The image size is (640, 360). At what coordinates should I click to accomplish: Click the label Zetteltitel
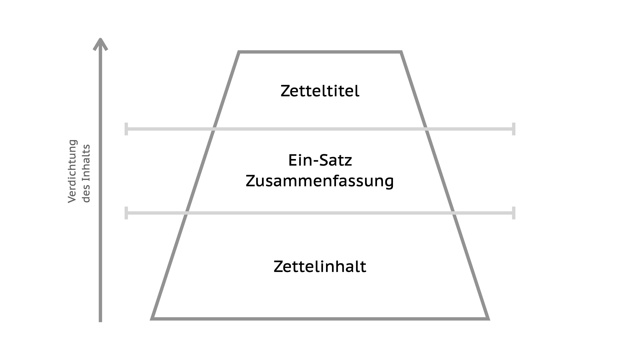click(x=320, y=91)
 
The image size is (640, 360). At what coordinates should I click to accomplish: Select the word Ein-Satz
click(x=320, y=160)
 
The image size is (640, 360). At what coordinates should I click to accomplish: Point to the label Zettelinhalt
click(x=320, y=267)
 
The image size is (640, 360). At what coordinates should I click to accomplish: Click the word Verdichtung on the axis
click(x=72, y=171)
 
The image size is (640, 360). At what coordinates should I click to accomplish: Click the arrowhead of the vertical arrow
click(x=100, y=44)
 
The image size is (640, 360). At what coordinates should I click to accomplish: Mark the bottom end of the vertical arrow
click(x=100, y=322)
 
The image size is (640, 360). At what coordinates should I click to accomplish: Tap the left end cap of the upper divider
click(x=126, y=129)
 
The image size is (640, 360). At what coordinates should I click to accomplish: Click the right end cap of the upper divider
click(x=514, y=129)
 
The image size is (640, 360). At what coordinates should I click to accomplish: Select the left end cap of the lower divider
click(x=126, y=213)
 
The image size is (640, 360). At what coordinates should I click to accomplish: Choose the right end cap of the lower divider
click(x=514, y=213)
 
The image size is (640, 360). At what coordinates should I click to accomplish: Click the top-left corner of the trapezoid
click(x=239, y=52)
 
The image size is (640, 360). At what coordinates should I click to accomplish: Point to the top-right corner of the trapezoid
click(x=401, y=52)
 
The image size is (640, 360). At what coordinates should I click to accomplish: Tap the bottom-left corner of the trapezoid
click(x=152, y=319)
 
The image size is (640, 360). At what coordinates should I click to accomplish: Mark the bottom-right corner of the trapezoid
click(x=488, y=319)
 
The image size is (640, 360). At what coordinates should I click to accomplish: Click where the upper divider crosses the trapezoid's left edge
click(x=214, y=129)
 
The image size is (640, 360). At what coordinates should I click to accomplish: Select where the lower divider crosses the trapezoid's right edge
click(x=454, y=213)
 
